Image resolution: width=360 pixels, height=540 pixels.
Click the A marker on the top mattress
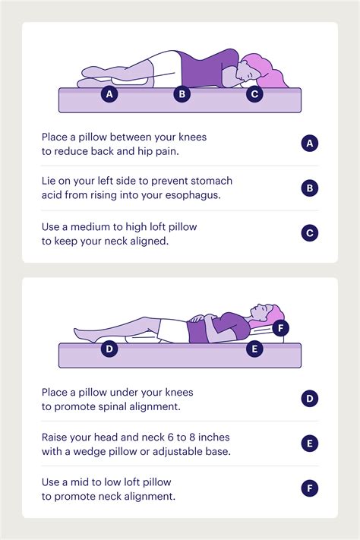[x=111, y=95]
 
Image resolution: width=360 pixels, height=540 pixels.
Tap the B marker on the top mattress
[x=182, y=95]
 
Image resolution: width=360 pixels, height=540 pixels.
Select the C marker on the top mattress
[x=254, y=95]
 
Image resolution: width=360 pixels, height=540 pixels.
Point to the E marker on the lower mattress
[x=254, y=349]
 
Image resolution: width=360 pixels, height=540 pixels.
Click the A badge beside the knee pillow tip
[x=309, y=143]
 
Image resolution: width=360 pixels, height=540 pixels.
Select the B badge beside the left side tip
[x=309, y=188]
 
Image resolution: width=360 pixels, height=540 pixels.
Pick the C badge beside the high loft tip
[x=309, y=232]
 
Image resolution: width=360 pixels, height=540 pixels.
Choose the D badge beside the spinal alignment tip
[x=309, y=399]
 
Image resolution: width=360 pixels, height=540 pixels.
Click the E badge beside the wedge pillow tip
[x=309, y=444]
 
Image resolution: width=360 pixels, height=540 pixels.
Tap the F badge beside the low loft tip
[x=309, y=488]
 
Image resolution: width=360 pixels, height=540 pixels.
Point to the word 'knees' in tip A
[x=190, y=137]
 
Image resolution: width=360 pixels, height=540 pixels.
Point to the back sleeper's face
[x=261, y=311]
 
